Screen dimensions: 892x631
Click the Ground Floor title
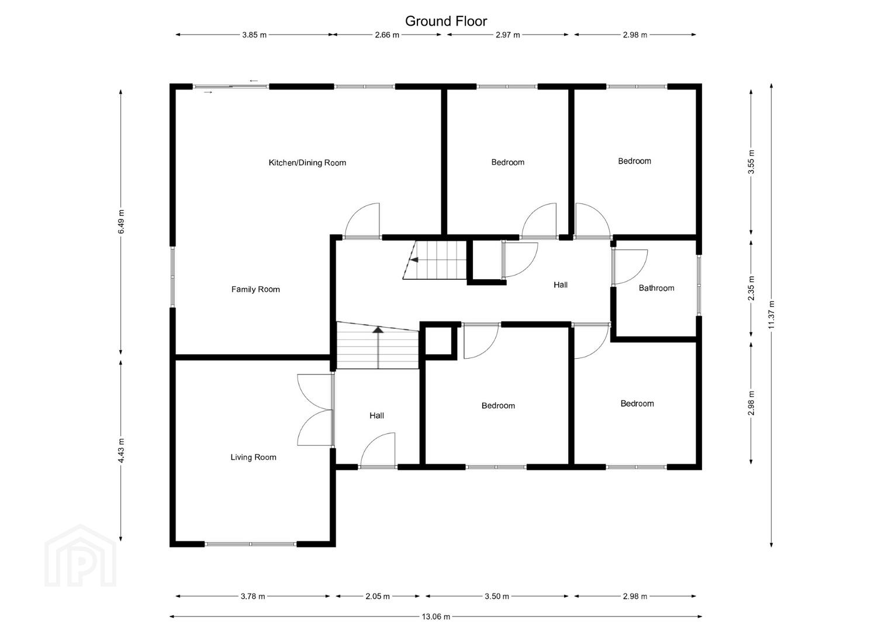click(446, 21)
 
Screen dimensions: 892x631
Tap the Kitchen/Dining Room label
click(307, 162)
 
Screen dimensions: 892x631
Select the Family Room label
click(255, 289)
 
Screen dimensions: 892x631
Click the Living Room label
click(253, 457)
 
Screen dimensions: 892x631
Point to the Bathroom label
click(656, 288)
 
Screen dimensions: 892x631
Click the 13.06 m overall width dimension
click(436, 616)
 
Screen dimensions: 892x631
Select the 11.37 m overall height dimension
click(772, 314)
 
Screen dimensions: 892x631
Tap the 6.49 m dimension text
click(121, 222)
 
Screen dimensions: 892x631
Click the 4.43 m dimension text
click(121, 450)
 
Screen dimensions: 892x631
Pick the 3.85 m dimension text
click(254, 34)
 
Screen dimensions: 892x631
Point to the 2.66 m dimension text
click(387, 34)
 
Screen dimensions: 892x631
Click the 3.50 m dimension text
click(497, 597)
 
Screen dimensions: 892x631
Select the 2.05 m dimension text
click(378, 597)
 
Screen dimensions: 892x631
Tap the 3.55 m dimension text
click(752, 162)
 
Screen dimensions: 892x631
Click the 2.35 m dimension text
click(752, 288)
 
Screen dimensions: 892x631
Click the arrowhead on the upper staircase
click(414, 260)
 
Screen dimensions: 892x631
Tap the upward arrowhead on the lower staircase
click(378, 330)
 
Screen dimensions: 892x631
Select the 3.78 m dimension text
click(253, 597)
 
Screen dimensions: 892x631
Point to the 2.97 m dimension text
click(508, 34)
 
